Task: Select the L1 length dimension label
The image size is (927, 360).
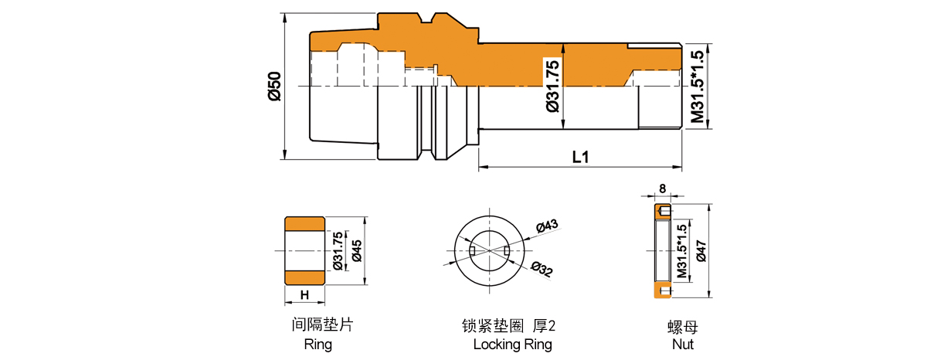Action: tap(580, 157)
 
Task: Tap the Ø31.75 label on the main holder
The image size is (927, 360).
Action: tap(552, 85)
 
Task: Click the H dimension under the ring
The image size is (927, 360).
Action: tap(304, 295)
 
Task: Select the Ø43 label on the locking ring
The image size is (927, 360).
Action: tap(546, 226)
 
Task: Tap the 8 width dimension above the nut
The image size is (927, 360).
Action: tap(663, 188)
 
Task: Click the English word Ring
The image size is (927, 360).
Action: tap(317, 345)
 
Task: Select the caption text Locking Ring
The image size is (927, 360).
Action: tap(512, 345)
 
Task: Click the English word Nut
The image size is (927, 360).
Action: tap(684, 345)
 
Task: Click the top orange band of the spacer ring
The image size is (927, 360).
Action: tap(305, 223)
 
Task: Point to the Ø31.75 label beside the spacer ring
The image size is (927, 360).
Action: tap(338, 250)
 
